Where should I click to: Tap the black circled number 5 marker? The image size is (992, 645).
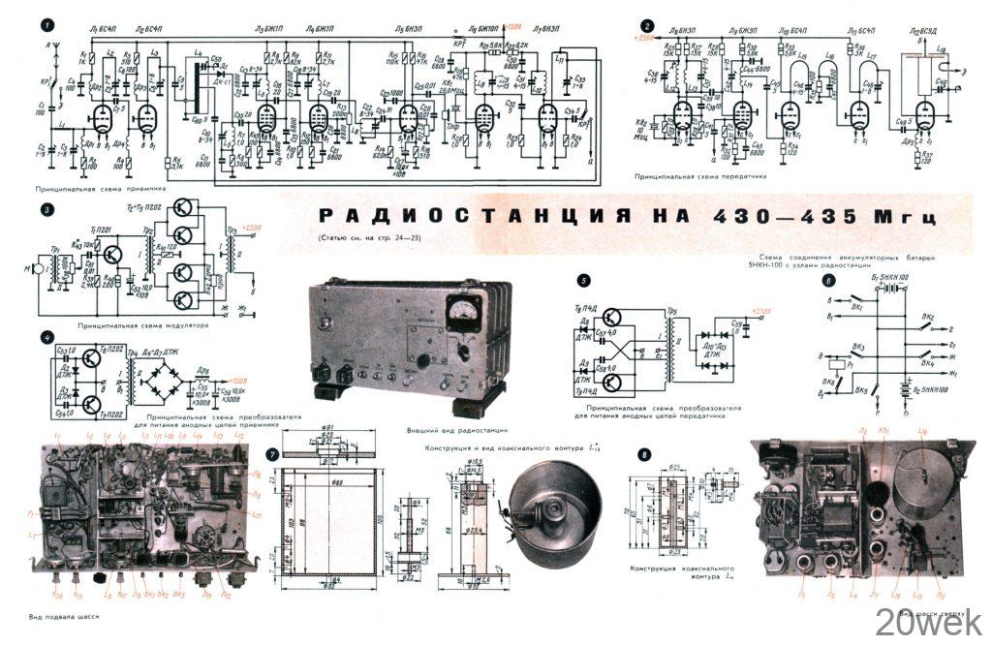583,280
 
